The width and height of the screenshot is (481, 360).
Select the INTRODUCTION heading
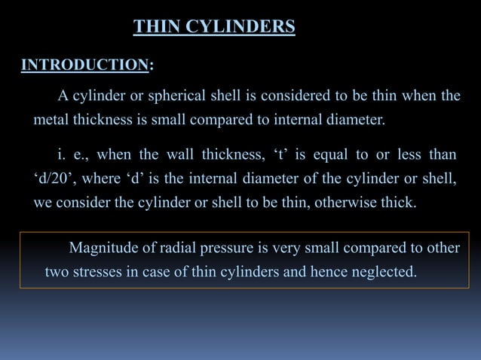pos(84,66)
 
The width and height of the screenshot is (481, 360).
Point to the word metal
pos(51,119)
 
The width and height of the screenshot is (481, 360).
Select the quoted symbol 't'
pos(269,155)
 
